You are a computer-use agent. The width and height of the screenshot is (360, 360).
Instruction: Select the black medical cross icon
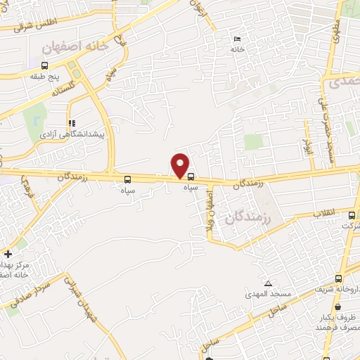tap(8, 254)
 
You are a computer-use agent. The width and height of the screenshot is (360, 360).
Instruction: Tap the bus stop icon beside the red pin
tap(191, 177)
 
